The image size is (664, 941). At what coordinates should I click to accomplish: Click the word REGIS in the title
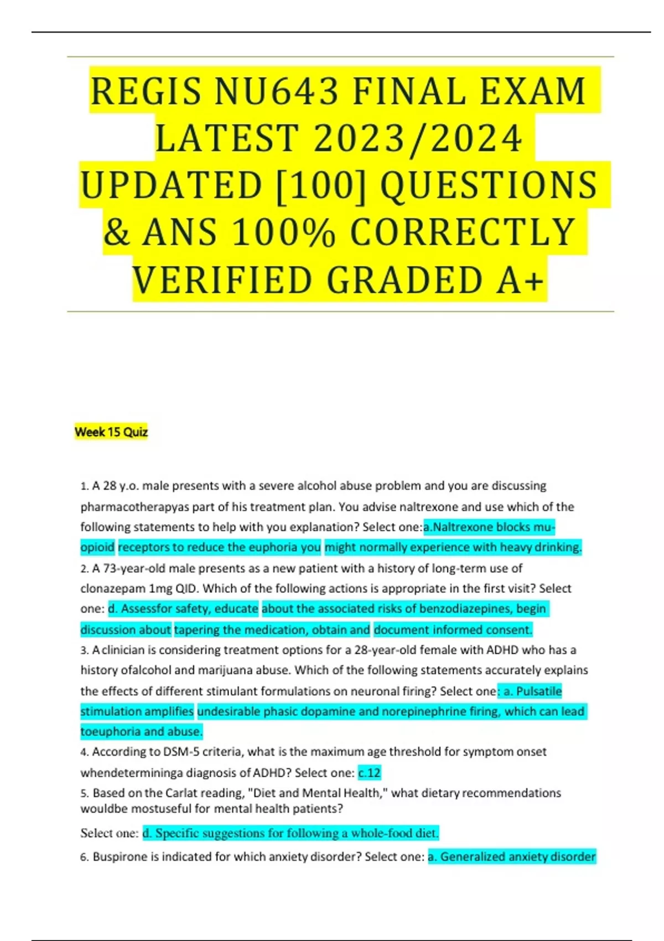point(146,91)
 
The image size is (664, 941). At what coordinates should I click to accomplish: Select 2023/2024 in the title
point(418,138)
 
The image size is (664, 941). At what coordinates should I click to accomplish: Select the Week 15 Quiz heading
point(111,432)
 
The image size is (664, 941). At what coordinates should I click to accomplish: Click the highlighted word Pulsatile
point(539,691)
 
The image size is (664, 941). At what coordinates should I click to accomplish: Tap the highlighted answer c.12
point(370,772)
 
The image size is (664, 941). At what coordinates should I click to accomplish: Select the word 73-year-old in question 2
point(135,568)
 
